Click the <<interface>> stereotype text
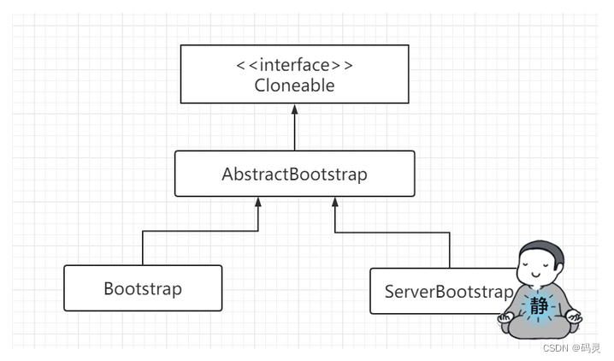(x=293, y=66)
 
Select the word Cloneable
(x=293, y=85)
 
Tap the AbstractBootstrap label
(x=293, y=175)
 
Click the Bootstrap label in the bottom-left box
(x=142, y=288)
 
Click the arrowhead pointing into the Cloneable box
(x=294, y=109)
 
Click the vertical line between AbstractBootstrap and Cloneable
(x=294, y=133)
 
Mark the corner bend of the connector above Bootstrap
(x=142, y=231)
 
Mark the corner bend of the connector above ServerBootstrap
(x=449, y=231)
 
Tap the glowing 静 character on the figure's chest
(x=538, y=306)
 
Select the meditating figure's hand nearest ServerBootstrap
(x=505, y=318)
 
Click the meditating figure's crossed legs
(x=539, y=328)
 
